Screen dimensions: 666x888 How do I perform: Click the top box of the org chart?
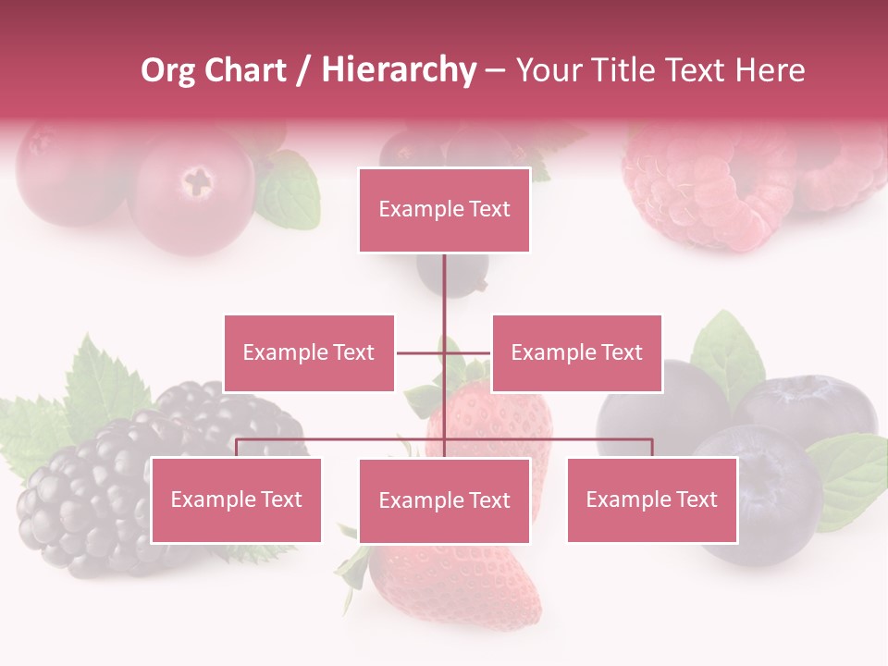click(444, 210)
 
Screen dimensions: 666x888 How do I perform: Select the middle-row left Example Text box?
click(309, 352)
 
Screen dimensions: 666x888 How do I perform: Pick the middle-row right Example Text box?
click(576, 352)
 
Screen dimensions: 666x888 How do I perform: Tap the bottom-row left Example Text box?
click(236, 499)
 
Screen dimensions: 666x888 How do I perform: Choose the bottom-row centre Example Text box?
click(444, 500)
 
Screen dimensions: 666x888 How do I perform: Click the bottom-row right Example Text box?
click(651, 499)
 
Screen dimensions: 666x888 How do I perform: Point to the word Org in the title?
click(167, 70)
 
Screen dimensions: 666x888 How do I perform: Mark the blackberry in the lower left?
click(83, 499)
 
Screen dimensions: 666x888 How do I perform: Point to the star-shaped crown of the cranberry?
click(197, 179)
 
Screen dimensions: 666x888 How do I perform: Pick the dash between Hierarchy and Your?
click(495, 70)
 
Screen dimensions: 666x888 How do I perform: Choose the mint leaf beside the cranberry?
click(289, 194)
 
